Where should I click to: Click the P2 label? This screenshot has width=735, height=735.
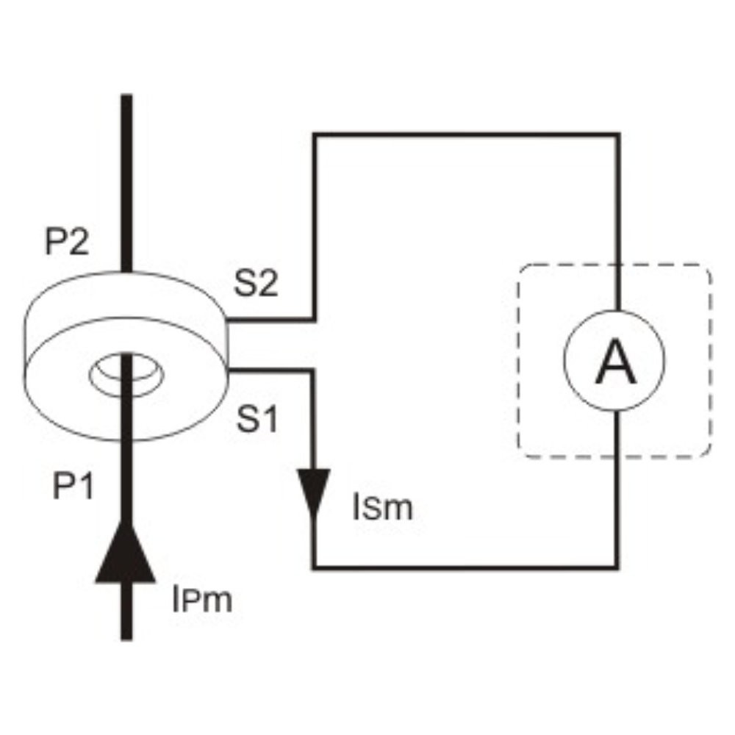67,243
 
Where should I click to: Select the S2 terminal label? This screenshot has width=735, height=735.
256,283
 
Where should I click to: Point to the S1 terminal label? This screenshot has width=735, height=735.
257,419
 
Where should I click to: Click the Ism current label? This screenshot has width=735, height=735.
382,508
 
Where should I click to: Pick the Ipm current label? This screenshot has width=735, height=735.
202,600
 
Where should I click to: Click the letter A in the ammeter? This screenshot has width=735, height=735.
615,362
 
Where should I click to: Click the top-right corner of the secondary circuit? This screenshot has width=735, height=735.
618,135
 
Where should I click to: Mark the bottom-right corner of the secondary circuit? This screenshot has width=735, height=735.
618,567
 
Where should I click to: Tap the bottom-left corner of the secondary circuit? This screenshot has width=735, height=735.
314,567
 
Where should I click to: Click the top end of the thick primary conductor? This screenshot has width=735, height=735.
126,96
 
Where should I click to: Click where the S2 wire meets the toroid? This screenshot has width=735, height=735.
227,320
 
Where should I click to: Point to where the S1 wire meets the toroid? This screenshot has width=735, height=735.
229,370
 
